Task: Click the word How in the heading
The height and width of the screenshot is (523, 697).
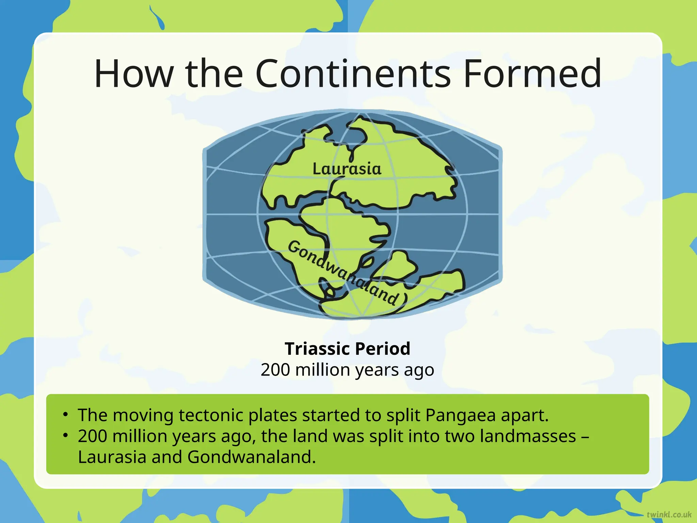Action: (133, 74)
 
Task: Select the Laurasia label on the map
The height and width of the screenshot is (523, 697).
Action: (347, 169)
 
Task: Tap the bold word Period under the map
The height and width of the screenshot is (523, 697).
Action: (383, 349)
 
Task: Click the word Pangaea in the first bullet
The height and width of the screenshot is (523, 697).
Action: (460, 415)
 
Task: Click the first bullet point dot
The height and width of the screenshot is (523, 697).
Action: (66, 414)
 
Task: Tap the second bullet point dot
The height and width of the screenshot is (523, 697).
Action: (66, 435)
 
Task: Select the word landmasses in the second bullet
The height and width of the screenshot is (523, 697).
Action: (528, 436)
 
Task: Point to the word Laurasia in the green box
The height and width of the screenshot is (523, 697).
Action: (112, 457)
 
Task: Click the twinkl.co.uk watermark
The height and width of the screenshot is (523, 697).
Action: (669, 514)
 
